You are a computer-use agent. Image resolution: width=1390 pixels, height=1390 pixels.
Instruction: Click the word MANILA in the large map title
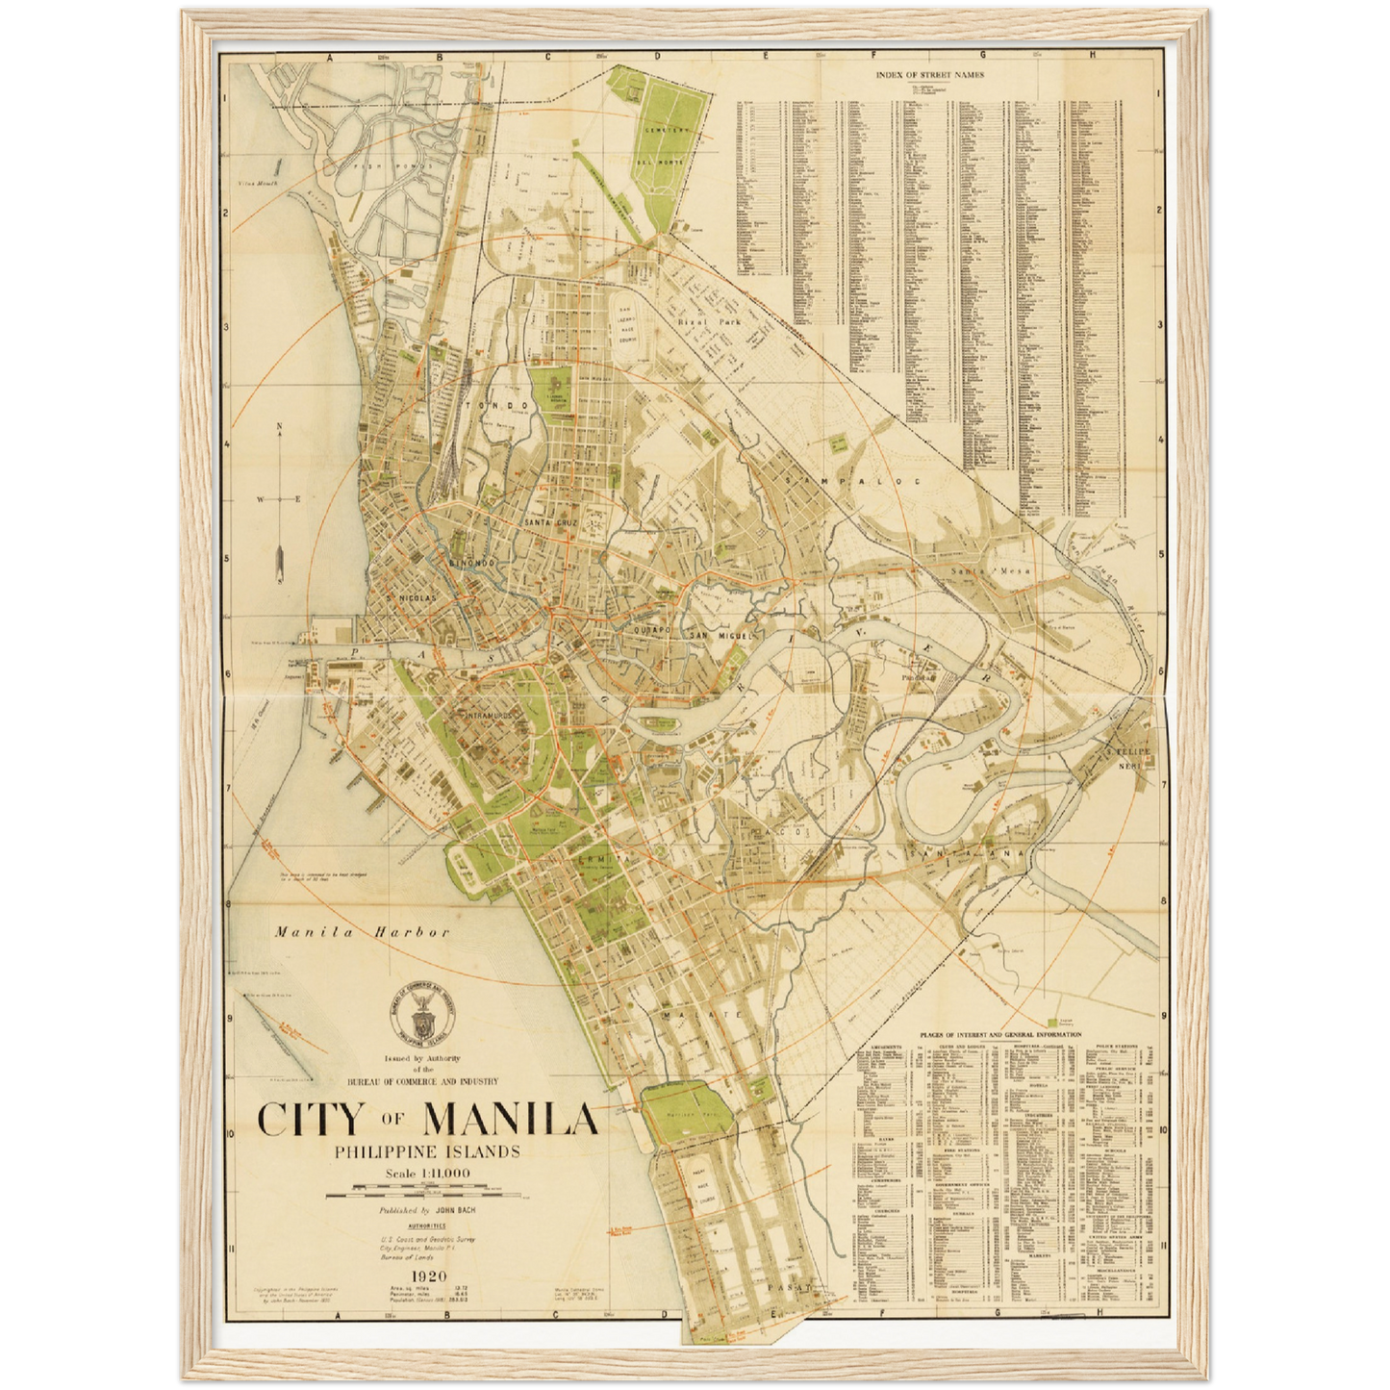(x=511, y=1120)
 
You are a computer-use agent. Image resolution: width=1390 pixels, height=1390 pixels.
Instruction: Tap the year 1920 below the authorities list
(x=427, y=1276)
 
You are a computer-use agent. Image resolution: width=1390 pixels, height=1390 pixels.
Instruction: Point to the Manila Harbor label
(x=362, y=931)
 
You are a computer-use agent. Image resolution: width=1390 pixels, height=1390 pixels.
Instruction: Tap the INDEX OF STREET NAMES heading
(x=929, y=74)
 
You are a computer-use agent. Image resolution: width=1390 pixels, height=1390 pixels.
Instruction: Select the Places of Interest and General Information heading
(x=999, y=1035)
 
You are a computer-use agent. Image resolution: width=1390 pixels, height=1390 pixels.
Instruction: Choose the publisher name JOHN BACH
(x=458, y=1210)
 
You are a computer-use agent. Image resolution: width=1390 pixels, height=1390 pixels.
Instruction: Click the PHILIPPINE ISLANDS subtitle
(x=427, y=1151)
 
